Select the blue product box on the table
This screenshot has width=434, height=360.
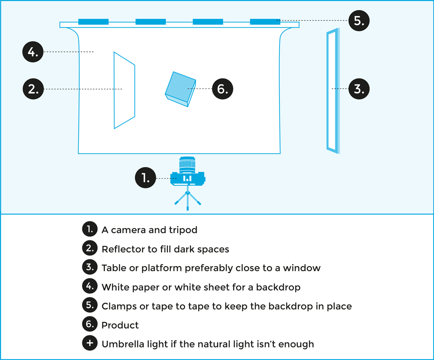click(x=180, y=88)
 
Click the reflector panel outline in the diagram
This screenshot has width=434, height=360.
click(x=124, y=91)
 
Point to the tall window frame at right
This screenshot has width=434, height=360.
click(x=333, y=91)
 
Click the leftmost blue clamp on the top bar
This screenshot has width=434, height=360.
click(x=93, y=21)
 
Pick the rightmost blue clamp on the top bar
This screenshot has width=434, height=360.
click(x=265, y=21)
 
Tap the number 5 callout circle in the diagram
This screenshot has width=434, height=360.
click(x=359, y=20)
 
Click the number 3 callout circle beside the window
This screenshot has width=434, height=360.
click(x=359, y=89)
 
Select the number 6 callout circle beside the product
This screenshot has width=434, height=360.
click(x=222, y=89)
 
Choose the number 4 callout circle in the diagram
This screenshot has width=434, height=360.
click(x=33, y=52)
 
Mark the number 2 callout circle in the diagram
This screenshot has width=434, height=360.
click(x=33, y=89)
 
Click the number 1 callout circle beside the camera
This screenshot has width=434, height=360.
click(x=145, y=178)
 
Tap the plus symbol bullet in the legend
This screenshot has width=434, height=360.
click(x=89, y=343)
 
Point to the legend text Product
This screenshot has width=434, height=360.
click(x=120, y=325)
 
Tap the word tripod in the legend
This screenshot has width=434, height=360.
click(x=183, y=230)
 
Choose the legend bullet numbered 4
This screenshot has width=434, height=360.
click(x=89, y=286)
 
